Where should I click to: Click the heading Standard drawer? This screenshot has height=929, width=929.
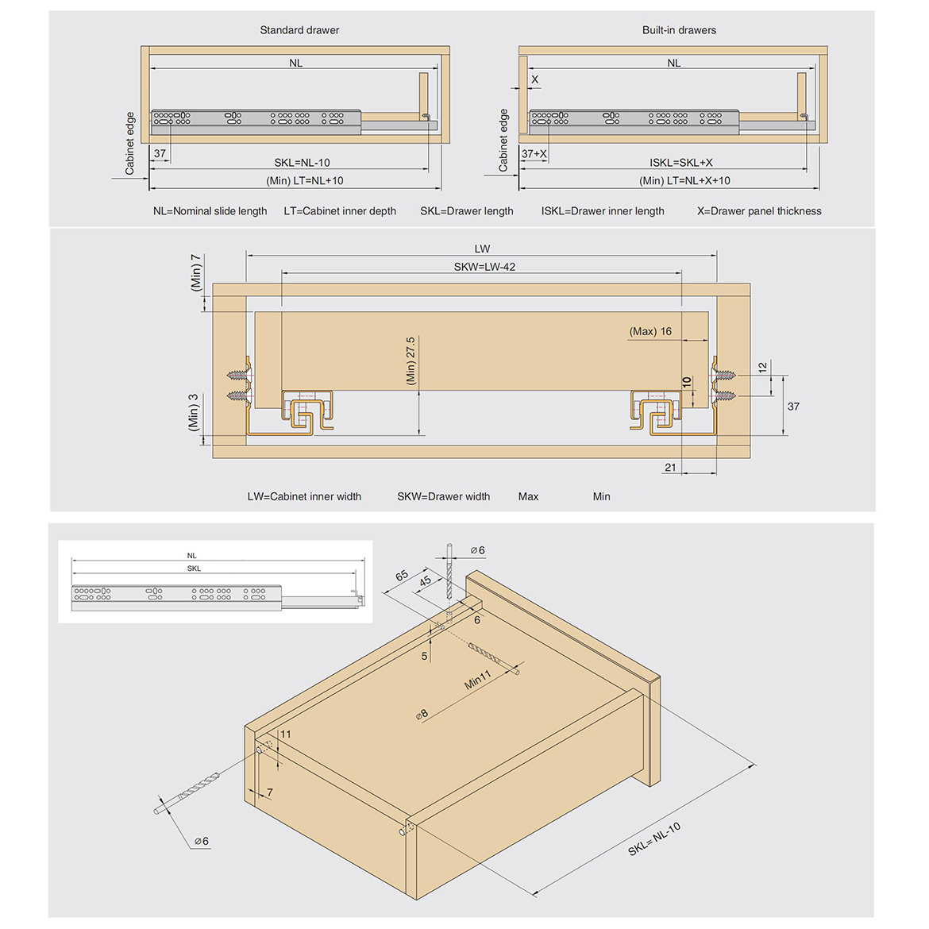point(299,30)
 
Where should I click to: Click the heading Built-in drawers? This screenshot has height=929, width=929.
point(679,30)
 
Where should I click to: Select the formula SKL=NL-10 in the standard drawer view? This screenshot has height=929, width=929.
point(302,163)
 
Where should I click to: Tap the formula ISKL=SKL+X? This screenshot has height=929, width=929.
point(680,163)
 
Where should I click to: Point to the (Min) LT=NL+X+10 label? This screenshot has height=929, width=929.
point(684,181)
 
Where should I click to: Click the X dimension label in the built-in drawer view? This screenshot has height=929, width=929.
point(534,79)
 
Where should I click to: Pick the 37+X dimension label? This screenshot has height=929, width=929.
point(534,154)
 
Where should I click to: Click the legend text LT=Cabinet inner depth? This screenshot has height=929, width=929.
point(340,211)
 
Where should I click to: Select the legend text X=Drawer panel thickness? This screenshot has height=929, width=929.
point(759,211)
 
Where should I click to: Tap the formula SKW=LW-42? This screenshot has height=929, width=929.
point(484,267)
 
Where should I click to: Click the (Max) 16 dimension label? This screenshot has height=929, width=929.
point(650,332)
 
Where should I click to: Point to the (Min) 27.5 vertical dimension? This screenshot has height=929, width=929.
point(411,361)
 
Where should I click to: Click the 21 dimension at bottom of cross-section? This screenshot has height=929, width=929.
point(670,468)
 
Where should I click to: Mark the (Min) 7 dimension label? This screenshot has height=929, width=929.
point(196,272)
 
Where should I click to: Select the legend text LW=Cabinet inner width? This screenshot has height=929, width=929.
point(304,497)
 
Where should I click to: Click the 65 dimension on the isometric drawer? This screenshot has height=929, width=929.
point(402,576)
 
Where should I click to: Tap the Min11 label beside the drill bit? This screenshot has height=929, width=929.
point(478,680)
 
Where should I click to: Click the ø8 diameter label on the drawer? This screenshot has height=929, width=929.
point(422,714)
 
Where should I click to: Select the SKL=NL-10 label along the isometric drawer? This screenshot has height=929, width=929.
point(654,839)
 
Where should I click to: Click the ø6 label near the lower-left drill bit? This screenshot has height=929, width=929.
point(202,842)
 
